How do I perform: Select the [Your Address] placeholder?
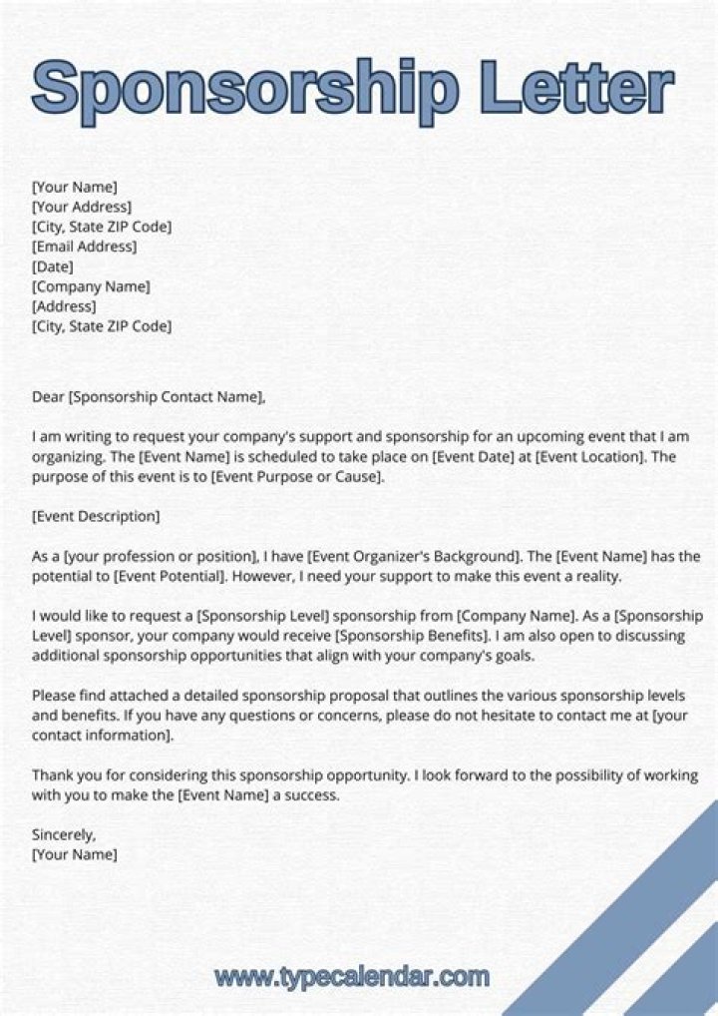click(82, 207)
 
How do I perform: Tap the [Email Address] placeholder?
click(85, 247)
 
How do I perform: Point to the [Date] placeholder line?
click(53, 266)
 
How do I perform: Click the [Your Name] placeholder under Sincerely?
click(75, 854)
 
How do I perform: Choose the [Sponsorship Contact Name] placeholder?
click(167, 396)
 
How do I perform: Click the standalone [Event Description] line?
click(96, 516)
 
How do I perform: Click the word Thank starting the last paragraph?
click(52, 774)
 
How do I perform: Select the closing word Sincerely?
click(64, 834)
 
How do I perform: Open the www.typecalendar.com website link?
click(352, 976)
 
